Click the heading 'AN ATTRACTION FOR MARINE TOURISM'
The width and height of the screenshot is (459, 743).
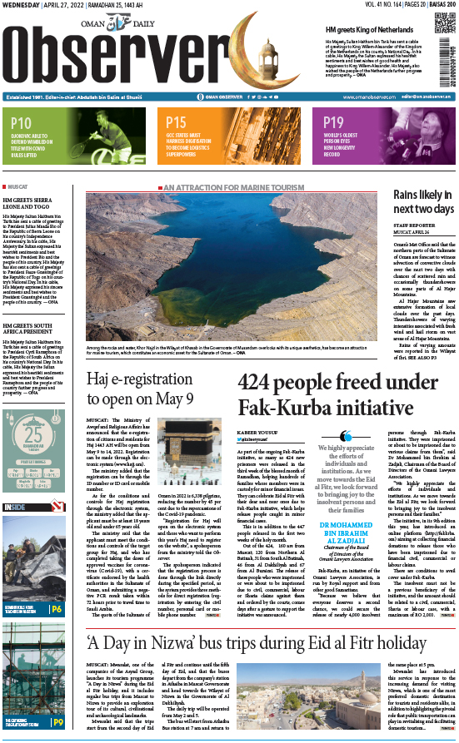(224, 188)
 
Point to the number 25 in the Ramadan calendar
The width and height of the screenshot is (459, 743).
(33, 438)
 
